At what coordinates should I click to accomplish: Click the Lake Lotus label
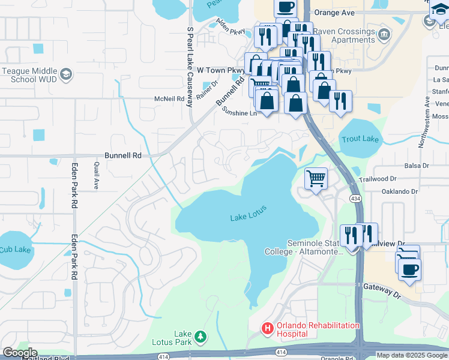click(x=248, y=214)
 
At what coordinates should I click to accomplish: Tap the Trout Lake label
click(x=360, y=139)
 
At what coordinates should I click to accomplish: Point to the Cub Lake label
click(x=14, y=250)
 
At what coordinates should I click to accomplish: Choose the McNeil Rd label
click(x=169, y=98)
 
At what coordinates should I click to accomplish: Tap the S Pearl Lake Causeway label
click(x=190, y=66)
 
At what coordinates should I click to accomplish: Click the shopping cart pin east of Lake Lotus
click(x=316, y=178)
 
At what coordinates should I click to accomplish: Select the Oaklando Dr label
click(x=399, y=191)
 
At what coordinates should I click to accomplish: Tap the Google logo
click(x=19, y=353)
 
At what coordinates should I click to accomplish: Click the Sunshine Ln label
click(x=239, y=112)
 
